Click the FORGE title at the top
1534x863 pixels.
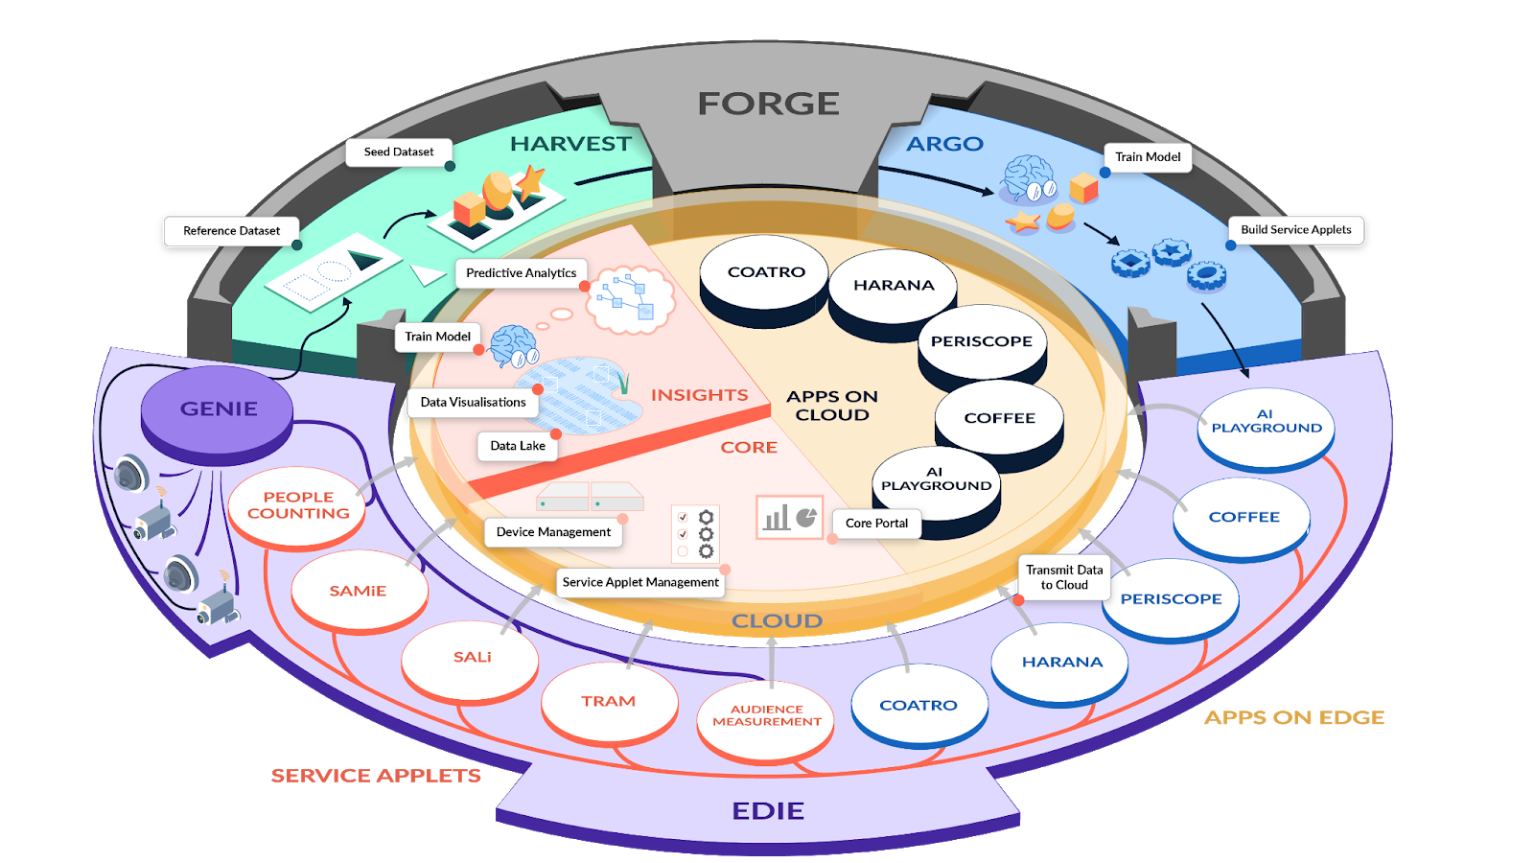pos(768,104)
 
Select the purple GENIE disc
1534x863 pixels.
pos(218,408)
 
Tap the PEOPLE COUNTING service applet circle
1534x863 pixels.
pos(298,505)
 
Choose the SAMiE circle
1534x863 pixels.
pos(358,591)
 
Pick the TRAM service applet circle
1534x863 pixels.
pos(608,701)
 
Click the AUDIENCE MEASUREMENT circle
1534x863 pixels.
pos(766,716)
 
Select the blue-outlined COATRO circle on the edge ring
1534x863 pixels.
pos(918,705)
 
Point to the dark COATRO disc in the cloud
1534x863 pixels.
pos(765,272)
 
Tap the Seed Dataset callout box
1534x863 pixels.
pos(399,152)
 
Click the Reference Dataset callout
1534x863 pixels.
pos(232,231)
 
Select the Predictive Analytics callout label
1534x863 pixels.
pos(521,273)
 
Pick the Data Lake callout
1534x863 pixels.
pos(518,446)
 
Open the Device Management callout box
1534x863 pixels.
pos(553,532)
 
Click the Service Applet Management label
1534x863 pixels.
pos(640,582)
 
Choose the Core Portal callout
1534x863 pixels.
pos(876,524)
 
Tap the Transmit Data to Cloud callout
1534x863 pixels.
pos(1064,577)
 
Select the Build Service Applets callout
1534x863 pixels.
pos(1295,230)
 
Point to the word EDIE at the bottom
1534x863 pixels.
pos(768,811)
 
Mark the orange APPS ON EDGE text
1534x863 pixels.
pos(1294,717)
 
